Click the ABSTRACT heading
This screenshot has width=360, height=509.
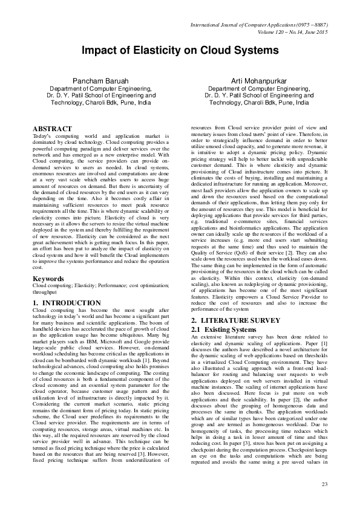pyautogui.click(x=51, y=129)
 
